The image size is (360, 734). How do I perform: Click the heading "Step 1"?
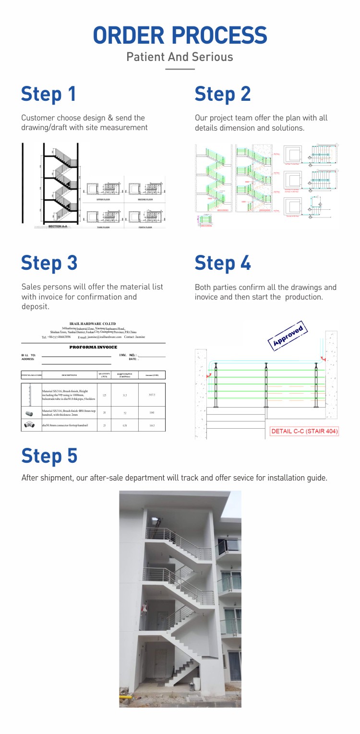pyautogui.click(x=48, y=94)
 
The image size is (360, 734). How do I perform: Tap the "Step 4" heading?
pyautogui.click(x=222, y=263)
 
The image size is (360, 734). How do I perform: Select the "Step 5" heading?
pyautogui.click(x=49, y=456)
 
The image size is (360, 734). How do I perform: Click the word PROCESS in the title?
pyautogui.click(x=219, y=36)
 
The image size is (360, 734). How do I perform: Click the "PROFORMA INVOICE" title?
pyautogui.click(x=93, y=347)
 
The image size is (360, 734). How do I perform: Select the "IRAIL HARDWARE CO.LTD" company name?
pyautogui.click(x=93, y=324)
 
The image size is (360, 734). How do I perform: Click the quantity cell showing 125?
pyautogui.click(x=104, y=395)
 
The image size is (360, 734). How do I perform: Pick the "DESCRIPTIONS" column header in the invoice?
pyautogui.click(x=69, y=375)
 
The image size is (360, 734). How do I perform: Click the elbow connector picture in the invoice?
pyautogui.click(x=29, y=425)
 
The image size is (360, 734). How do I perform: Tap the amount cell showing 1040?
pyautogui.click(x=152, y=413)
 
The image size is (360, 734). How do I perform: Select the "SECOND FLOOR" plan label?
pyautogui.click(x=145, y=199)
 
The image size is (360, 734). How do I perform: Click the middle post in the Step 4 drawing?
pyautogui.click(x=266, y=385)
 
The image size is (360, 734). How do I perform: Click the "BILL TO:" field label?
pyautogui.click(x=28, y=355)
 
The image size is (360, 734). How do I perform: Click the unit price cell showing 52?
pyautogui.click(x=125, y=413)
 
